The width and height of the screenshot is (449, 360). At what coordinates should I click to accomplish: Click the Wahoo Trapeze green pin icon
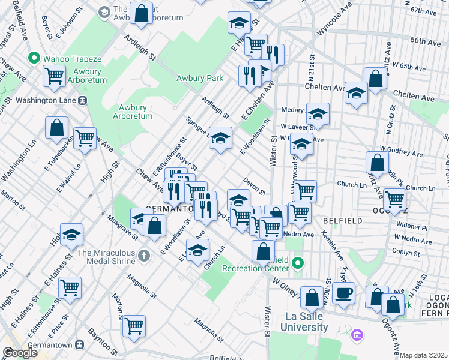(34, 59)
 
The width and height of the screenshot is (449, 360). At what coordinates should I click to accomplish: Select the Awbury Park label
(199, 78)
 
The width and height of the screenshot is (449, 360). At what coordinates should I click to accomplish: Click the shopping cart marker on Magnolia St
(134, 325)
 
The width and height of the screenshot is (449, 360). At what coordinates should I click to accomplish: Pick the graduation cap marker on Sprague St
(220, 137)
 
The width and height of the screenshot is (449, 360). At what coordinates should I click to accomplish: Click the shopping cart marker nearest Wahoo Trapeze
(54, 76)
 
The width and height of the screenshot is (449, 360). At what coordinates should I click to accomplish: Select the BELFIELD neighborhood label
(342, 221)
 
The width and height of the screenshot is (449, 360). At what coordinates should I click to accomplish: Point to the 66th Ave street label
(426, 42)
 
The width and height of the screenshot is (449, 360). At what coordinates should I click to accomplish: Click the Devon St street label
(255, 185)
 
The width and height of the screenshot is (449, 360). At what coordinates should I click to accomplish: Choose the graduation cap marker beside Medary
(318, 113)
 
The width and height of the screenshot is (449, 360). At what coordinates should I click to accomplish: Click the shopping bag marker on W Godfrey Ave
(377, 162)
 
